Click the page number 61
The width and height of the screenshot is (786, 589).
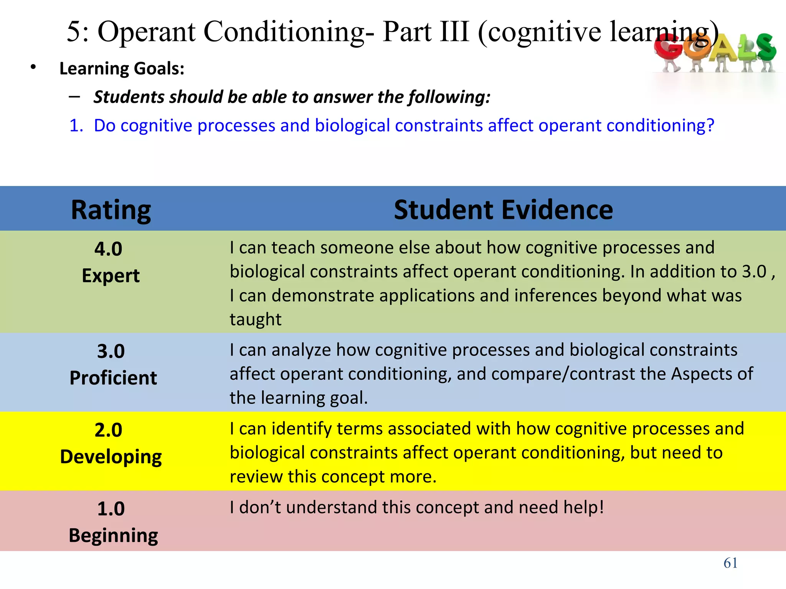(730, 563)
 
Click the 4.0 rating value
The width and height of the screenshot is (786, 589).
(108, 249)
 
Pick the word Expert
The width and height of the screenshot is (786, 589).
(111, 276)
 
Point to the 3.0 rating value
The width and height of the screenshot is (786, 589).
(111, 351)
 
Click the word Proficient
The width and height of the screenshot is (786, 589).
(113, 378)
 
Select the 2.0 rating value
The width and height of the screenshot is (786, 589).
(108, 430)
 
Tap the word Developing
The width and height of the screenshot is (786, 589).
(111, 457)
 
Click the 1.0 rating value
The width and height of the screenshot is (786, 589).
(111, 509)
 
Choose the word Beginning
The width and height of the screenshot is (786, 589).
(113, 536)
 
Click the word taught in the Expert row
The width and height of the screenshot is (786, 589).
(256, 319)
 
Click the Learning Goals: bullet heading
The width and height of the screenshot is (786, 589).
(122, 69)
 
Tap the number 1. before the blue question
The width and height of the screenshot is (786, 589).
(76, 125)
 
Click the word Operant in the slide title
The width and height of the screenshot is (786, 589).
(147, 31)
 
